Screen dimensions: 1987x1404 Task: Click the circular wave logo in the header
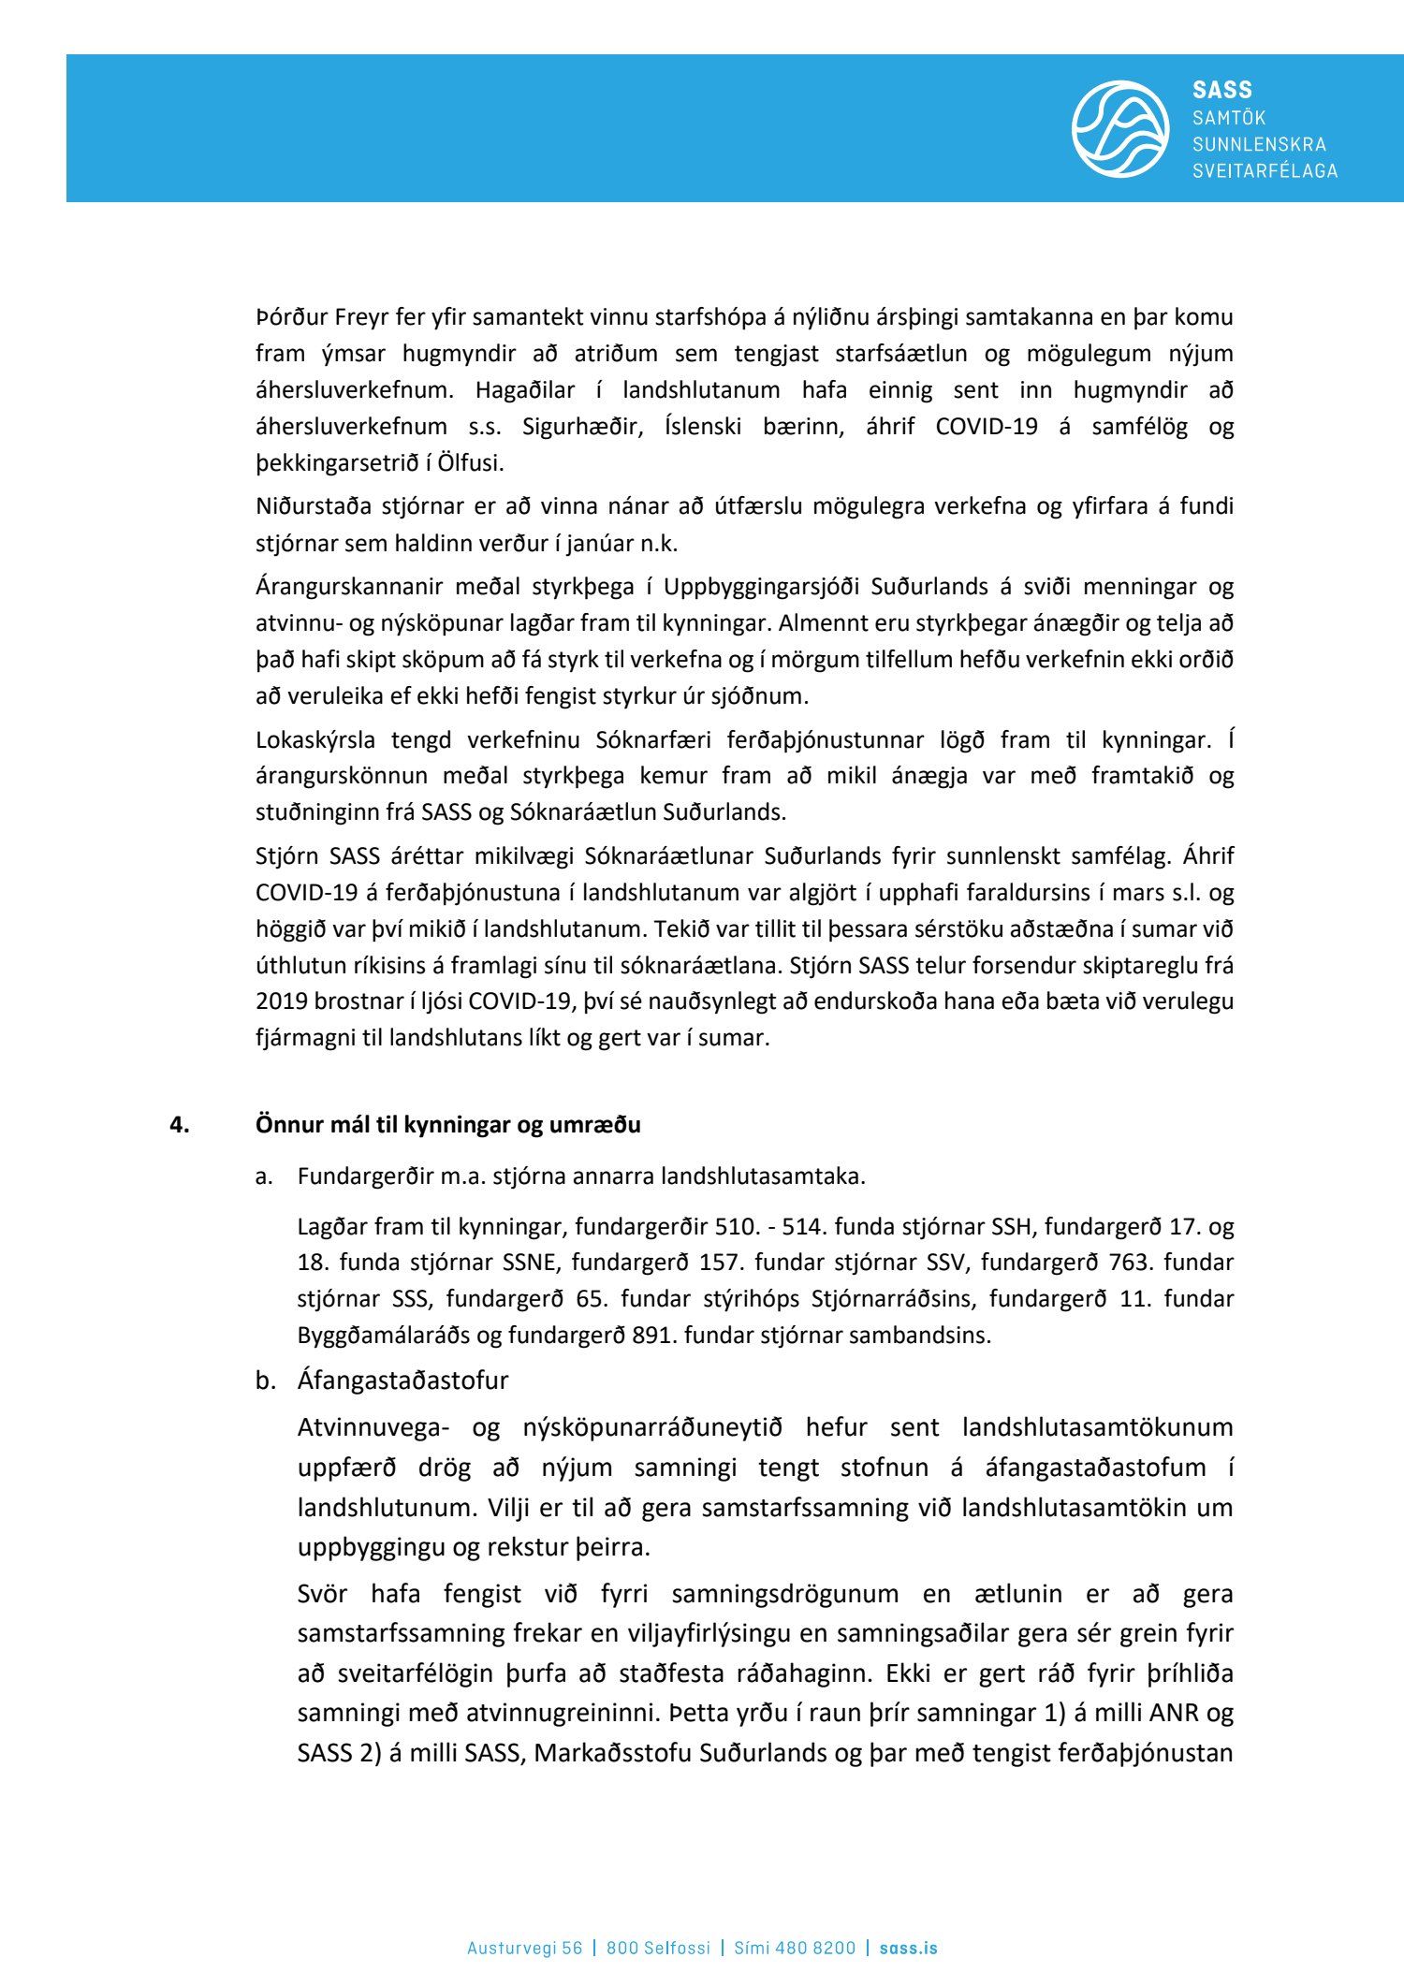point(1119,129)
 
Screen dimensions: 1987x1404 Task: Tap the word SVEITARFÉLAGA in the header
point(1265,170)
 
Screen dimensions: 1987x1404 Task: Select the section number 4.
point(179,1125)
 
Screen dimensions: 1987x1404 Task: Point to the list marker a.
point(264,1176)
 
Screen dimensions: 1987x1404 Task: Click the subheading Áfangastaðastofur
point(402,1381)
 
